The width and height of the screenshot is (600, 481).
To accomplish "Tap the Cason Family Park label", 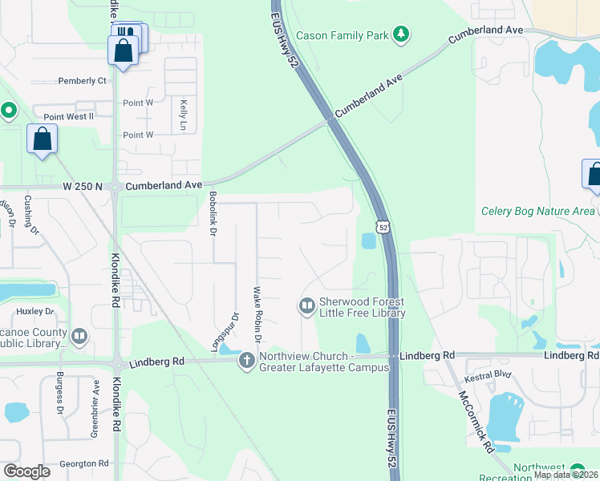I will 343,35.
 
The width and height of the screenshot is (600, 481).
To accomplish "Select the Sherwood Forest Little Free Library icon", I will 306,305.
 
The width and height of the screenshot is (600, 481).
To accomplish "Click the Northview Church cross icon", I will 245,362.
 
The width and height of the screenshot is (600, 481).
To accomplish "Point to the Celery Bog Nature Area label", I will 538,212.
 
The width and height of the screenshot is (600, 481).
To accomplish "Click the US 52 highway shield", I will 384,227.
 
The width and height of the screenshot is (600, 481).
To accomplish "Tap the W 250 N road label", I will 84,186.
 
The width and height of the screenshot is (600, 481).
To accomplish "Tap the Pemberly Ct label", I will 83,81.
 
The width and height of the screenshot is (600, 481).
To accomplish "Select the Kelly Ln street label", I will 183,116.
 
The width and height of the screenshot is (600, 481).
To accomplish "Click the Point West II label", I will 69,117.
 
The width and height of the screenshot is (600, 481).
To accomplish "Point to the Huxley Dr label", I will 34,311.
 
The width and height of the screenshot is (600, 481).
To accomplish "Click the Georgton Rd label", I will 84,463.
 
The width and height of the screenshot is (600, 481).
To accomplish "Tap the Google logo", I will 26,471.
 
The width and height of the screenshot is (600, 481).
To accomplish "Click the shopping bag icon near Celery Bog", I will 593,174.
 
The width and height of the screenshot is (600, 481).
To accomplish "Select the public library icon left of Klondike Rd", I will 79,337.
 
